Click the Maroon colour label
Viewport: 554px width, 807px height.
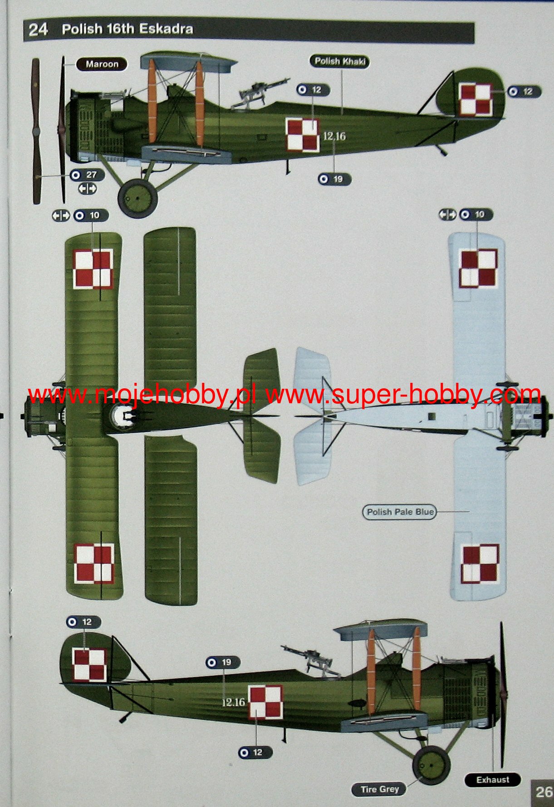click(102, 64)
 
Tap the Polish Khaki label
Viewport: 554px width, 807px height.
click(340, 61)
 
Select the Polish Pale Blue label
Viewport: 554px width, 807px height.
click(400, 512)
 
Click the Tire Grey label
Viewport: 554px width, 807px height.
click(379, 789)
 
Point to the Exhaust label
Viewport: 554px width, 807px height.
click(493, 780)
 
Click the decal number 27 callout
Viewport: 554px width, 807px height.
click(88, 175)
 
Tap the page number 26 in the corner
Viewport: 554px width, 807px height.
click(543, 792)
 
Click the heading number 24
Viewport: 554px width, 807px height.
click(38, 30)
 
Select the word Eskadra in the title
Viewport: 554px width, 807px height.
click(166, 29)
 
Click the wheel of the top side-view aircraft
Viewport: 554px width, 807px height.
click(137, 198)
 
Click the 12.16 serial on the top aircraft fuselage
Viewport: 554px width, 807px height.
click(334, 136)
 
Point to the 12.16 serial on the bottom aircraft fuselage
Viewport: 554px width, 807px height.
click(233, 703)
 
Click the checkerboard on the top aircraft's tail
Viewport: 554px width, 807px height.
click(476, 99)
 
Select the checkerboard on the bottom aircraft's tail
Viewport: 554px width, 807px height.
click(89, 665)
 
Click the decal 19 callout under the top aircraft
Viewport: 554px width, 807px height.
click(334, 179)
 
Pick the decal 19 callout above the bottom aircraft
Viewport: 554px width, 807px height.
click(223, 663)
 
